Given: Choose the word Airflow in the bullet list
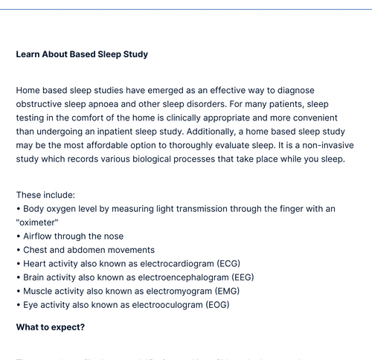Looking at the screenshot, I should click(40, 236).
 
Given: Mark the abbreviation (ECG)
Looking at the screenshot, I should click(229, 264).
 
